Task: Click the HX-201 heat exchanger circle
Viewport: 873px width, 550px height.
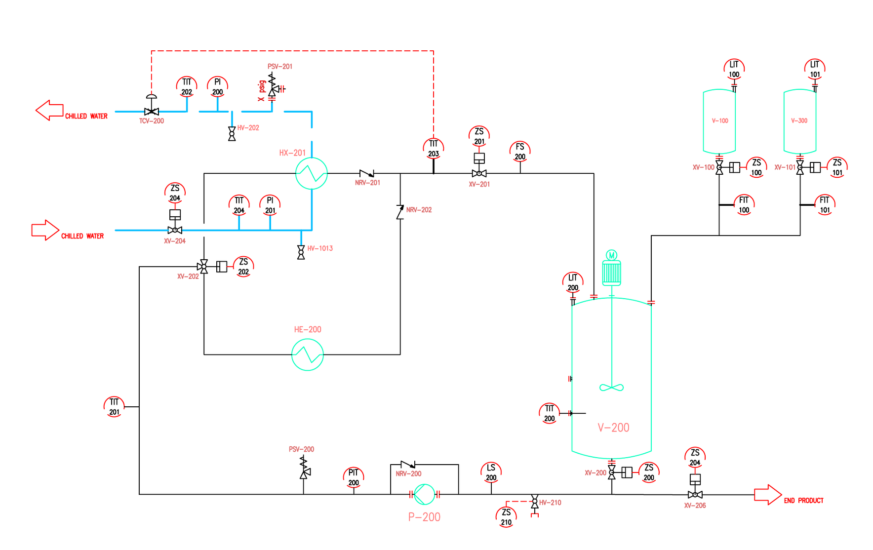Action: click(312, 173)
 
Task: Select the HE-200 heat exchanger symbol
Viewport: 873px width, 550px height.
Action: click(308, 354)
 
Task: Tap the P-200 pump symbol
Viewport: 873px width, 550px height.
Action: click(424, 494)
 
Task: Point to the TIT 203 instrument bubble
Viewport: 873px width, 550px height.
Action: click(434, 148)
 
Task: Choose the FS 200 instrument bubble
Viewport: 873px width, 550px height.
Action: click(520, 152)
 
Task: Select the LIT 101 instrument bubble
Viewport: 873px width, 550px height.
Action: click(815, 69)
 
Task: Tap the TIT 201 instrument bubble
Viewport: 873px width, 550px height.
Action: click(114, 407)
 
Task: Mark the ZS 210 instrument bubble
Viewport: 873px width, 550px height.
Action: click(506, 517)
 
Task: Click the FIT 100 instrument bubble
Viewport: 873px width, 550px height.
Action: click(744, 205)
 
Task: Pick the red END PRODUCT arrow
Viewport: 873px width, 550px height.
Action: click(768, 495)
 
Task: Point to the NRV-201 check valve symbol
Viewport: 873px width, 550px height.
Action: click(367, 173)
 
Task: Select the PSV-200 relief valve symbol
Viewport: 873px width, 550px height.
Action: click(304, 468)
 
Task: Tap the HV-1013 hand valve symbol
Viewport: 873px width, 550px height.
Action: click(301, 252)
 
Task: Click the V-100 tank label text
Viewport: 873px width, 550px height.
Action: click(720, 120)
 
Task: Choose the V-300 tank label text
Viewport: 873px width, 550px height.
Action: click(799, 120)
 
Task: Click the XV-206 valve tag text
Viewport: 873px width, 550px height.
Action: click(695, 506)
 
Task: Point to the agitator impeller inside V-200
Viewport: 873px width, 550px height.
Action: click(612, 388)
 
